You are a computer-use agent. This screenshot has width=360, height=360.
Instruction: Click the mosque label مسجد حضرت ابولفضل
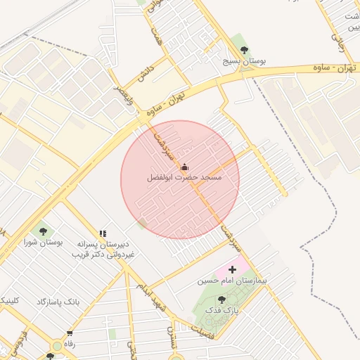coord(184,179)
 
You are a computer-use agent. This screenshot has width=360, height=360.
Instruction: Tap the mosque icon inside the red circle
coord(185,167)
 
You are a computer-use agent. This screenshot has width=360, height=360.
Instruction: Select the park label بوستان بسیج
coord(244,61)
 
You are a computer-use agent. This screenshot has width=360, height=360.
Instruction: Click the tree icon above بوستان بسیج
coord(244,50)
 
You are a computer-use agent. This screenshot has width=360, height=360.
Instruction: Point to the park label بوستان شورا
coord(42,242)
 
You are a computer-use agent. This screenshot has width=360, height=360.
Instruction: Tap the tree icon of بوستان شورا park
coord(42,230)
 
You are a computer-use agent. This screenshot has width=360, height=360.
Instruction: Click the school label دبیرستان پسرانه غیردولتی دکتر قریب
coord(103,248)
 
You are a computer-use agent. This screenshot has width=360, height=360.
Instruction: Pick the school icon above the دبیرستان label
coord(103,233)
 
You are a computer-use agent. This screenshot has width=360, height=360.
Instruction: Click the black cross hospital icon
coord(233,269)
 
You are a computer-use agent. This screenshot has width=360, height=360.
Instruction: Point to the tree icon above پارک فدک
coord(221,299)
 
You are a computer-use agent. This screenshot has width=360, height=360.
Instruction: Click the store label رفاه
coord(69,344)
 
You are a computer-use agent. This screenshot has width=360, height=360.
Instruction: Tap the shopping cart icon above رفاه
coord(69,333)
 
